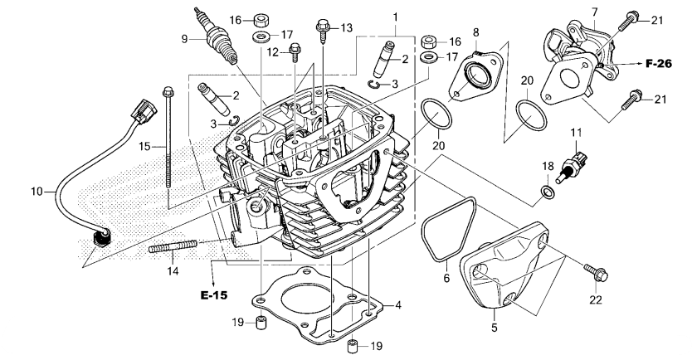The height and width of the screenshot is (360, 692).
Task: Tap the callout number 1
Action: [x=395, y=17]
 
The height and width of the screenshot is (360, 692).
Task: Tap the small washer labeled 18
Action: [x=546, y=193]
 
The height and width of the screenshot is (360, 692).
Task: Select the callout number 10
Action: [x=36, y=192]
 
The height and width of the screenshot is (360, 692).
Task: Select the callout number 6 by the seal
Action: [x=448, y=278]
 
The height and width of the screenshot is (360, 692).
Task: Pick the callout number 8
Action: [x=476, y=32]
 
